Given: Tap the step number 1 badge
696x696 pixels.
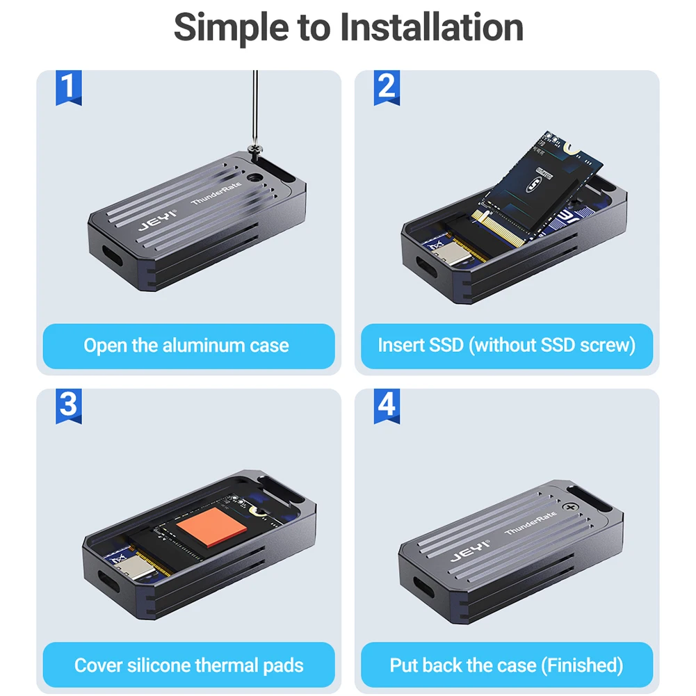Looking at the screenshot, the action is pos(68,88).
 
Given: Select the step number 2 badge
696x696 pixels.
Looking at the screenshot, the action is pos(387,88).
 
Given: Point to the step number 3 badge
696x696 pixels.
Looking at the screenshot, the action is pos(68,405).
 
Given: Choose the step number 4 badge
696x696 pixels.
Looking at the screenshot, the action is pos(387,405).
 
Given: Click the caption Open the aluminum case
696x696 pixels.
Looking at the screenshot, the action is pos(186,346).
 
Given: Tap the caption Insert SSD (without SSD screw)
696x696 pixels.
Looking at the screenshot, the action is pos(506,346).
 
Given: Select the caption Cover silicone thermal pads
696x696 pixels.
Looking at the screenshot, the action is pos(188,665).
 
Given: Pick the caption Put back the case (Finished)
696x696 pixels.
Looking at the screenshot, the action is pos(506,665).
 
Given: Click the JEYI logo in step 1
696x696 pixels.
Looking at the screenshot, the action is pos(157,220).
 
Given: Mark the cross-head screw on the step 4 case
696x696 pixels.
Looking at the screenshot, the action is pos(571,507).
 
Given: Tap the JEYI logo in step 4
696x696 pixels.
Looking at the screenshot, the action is pos(469,551).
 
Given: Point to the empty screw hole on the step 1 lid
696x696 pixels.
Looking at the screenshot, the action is pos(254,179).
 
